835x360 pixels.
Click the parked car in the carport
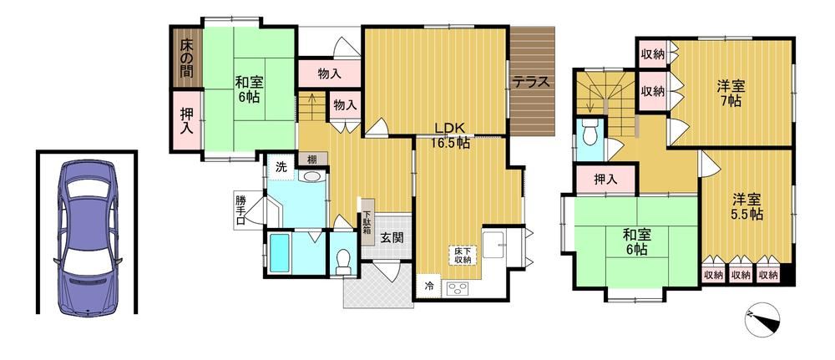click(x=88, y=237)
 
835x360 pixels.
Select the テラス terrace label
click(x=530, y=83)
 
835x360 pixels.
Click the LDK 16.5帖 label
click(x=452, y=135)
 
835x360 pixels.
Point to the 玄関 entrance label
click(x=391, y=237)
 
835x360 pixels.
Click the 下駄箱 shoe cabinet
click(x=367, y=221)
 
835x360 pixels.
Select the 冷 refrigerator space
click(x=428, y=286)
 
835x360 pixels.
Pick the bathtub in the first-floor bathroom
click(x=282, y=253)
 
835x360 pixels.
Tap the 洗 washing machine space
click(x=281, y=166)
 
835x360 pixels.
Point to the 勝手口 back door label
click(x=241, y=210)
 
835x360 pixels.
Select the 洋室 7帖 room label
click(x=730, y=94)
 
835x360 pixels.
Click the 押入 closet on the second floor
click(x=606, y=180)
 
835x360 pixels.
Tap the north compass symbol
click(x=764, y=318)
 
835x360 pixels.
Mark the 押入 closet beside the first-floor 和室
click(x=186, y=121)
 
